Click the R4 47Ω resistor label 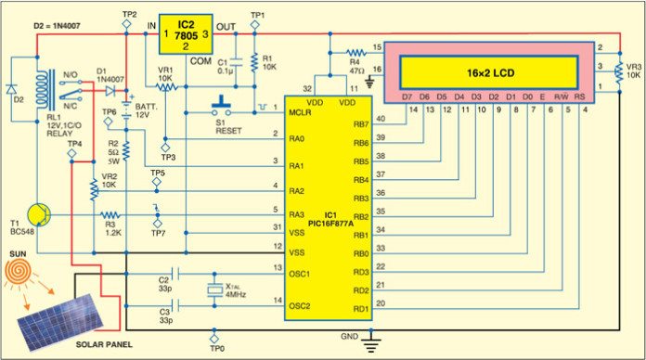pyautogui.click(x=356, y=59)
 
